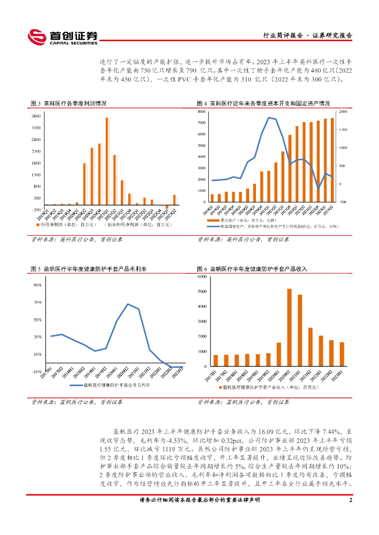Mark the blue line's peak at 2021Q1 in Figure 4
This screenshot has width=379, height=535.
[269, 118]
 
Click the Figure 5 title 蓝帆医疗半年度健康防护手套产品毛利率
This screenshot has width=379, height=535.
[89, 269]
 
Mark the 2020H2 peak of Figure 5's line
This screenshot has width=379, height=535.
[128, 304]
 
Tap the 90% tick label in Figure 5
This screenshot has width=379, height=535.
[38, 285]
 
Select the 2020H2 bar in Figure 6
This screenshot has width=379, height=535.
[289, 328]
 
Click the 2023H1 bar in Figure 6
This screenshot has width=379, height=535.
[342, 354]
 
